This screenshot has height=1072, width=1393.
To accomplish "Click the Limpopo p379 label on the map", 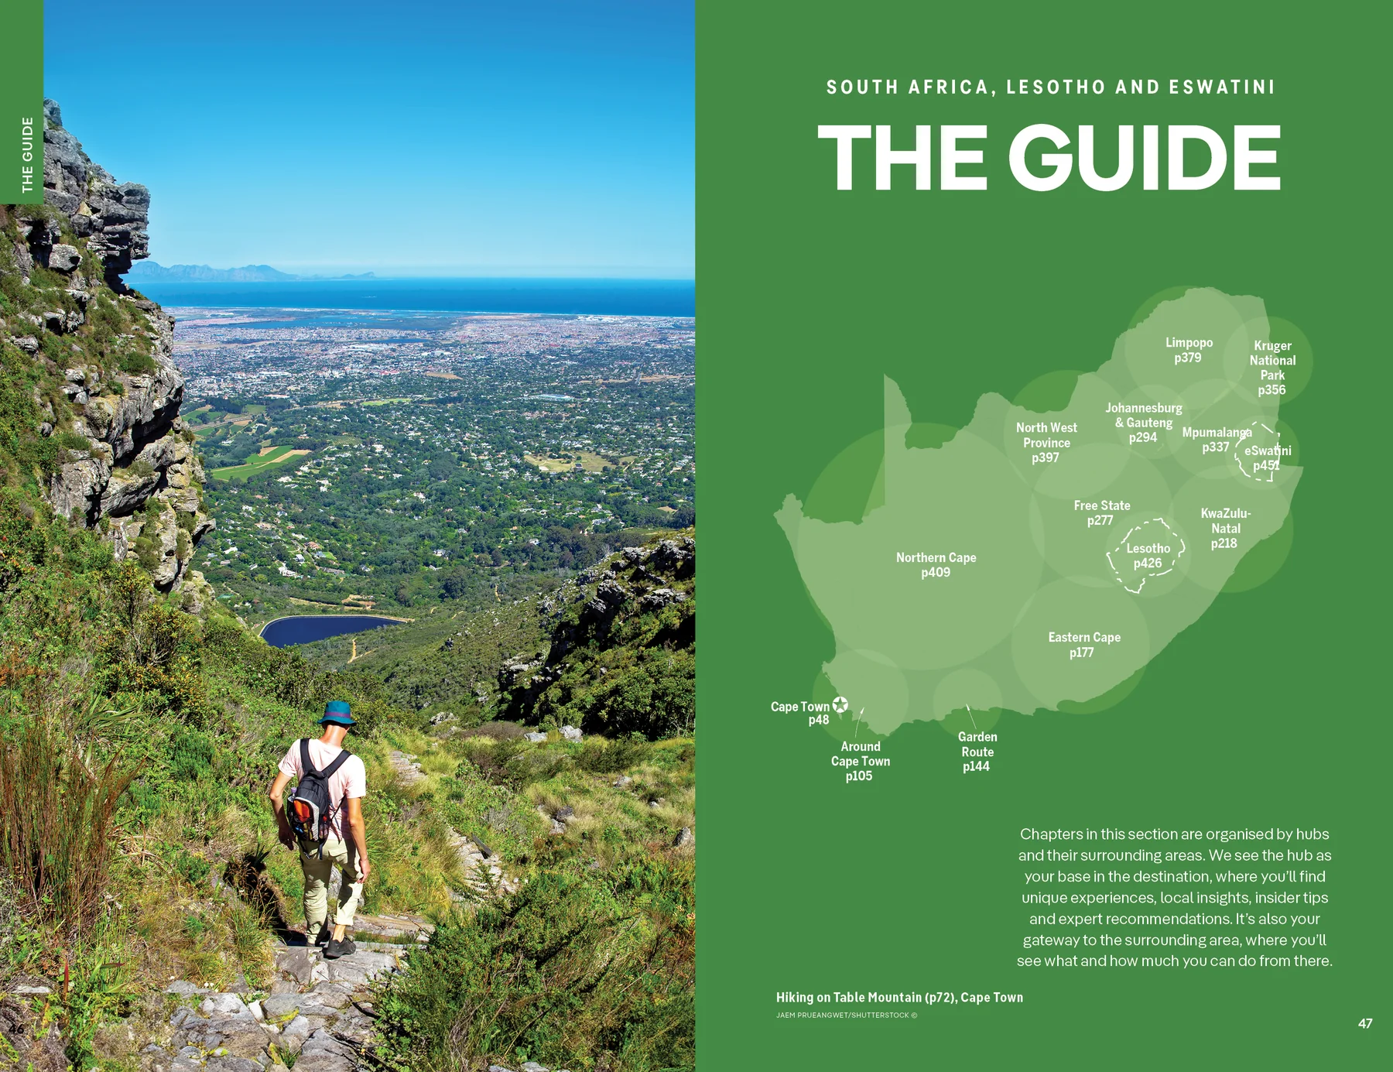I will coord(1189,350).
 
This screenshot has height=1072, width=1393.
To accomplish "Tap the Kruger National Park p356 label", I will coord(1272,368).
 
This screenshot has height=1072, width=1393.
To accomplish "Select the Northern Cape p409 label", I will coord(936,565).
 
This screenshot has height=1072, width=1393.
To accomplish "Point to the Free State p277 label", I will coord(1101,512).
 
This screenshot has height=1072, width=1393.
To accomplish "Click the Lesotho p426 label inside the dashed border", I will coord(1148,556).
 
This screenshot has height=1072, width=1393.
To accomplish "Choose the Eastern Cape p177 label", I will coord(1083,645).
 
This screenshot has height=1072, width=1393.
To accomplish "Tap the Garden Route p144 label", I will coord(977,752).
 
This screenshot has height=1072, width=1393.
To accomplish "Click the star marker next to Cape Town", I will coord(840,704).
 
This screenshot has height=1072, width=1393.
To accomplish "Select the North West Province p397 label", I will coord(1046,443).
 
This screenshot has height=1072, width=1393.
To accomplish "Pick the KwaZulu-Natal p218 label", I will coord(1225,528).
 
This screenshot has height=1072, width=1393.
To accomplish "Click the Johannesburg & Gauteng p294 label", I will coord(1143,423).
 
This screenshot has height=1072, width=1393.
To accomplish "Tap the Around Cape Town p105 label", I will coord(860,761).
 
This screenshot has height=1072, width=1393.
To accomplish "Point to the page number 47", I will coord(1365,1023).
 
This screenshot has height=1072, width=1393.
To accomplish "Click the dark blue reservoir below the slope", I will coord(325,628).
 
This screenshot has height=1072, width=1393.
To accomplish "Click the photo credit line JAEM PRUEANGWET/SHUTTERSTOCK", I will coord(846,1015).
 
